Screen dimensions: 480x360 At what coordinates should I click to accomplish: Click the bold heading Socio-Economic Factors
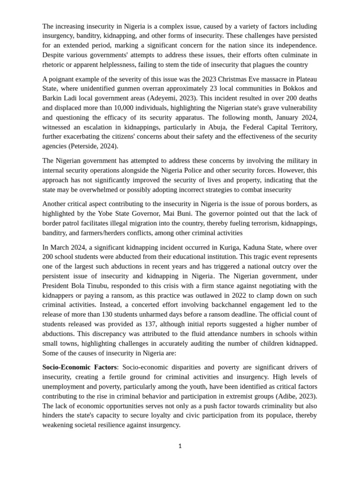click(79, 367)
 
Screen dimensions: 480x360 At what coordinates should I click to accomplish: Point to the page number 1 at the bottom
click(180, 446)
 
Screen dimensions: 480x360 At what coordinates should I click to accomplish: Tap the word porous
click(270, 203)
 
